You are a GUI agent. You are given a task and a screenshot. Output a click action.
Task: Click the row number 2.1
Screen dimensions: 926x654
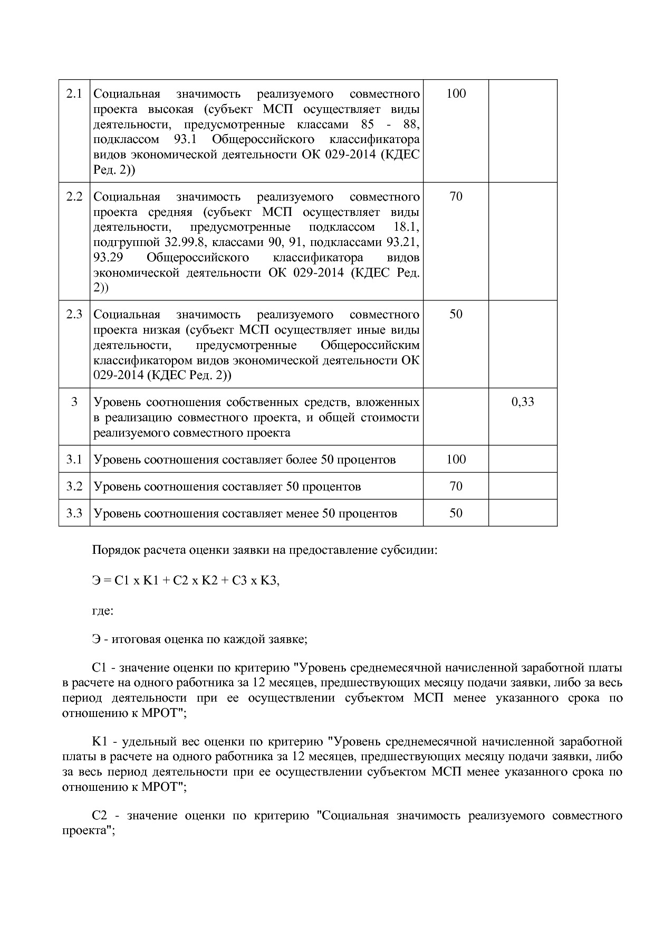74,94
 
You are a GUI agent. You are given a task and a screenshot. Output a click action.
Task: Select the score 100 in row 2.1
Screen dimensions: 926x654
456,94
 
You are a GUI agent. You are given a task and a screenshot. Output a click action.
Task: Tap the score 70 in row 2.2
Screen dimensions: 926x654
456,197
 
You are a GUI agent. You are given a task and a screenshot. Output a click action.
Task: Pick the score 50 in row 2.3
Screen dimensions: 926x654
456,315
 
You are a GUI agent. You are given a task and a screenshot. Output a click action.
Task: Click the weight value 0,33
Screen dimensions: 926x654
523,402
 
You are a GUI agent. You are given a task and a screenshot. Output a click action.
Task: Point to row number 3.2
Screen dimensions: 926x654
74,487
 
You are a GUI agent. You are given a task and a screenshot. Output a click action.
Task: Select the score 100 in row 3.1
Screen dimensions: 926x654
456,460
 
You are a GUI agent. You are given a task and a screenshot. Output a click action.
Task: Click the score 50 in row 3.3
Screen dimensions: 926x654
456,514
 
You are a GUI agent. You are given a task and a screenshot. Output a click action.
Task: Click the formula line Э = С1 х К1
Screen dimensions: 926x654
186,581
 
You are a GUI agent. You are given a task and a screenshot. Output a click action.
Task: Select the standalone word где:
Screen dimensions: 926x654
102,611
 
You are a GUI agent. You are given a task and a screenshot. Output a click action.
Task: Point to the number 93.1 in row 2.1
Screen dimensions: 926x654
185,140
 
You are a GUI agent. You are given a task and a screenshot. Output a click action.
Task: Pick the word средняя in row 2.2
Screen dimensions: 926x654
171,212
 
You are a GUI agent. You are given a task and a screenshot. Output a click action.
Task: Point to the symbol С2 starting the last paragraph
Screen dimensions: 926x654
100,816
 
